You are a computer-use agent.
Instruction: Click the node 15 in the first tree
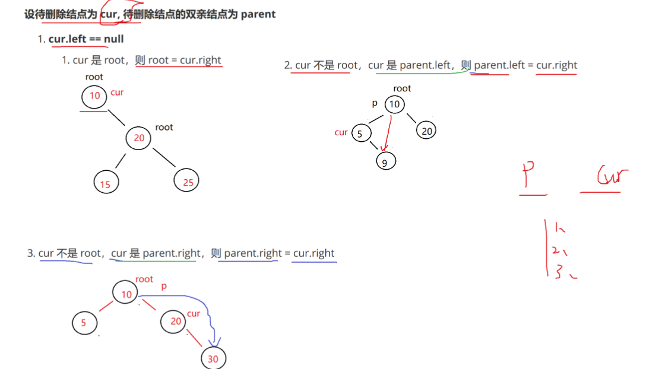(x=106, y=183)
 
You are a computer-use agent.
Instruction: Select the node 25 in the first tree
(x=187, y=181)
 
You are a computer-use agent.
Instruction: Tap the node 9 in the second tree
(x=385, y=161)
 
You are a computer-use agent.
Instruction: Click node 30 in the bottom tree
(x=213, y=358)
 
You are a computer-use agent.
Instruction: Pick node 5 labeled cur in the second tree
(x=360, y=133)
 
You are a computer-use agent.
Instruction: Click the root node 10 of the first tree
(x=94, y=97)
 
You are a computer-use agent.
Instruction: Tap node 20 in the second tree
(x=426, y=131)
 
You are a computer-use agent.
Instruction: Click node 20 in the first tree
(x=138, y=138)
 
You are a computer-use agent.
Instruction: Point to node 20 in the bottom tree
(x=175, y=321)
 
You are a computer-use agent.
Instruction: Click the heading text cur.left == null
(x=86, y=39)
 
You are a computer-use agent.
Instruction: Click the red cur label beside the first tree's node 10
(x=117, y=93)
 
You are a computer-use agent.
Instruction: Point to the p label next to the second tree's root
(x=375, y=103)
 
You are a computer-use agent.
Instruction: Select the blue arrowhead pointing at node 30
(x=214, y=343)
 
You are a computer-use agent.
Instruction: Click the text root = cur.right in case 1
(x=185, y=60)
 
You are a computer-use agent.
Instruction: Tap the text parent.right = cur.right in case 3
(x=279, y=253)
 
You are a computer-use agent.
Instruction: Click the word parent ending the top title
(x=258, y=14)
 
